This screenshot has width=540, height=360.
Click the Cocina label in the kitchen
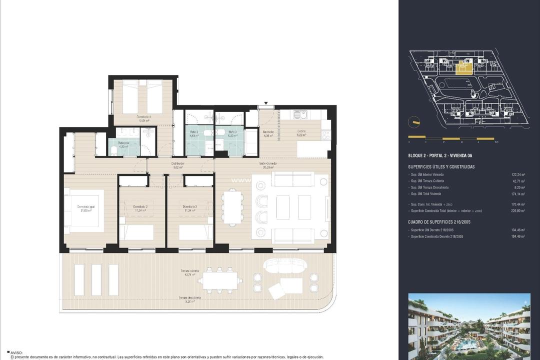[x=301, y=131]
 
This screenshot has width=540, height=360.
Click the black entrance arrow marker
[x=267, y=104]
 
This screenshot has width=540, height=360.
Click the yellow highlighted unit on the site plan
[x=464, y=67]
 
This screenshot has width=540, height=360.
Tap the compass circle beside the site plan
[x=414, y=122]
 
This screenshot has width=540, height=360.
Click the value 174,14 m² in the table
[x=520, y=193]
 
